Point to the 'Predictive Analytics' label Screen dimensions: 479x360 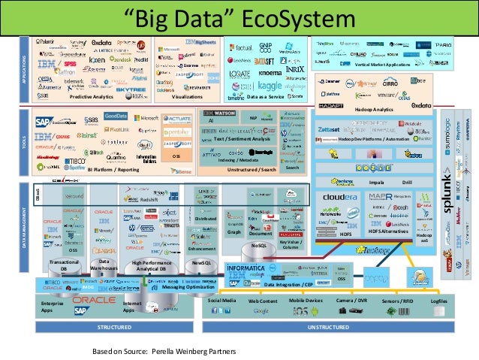click(x=90, y=98)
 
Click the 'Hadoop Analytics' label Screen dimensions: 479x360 click(x=373, y=110)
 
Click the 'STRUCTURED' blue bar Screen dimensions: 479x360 click(x=114, y=328)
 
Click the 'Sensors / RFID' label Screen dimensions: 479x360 click(x=398, y=300)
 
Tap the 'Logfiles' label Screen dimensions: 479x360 click(x=438, y=300)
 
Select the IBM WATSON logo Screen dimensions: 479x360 click(x=220, y=113)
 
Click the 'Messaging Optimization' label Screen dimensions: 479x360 click(x=184, y=286)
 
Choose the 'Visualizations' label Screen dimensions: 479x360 click(x=187, y=98)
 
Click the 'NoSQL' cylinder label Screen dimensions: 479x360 click(x=258, y=245)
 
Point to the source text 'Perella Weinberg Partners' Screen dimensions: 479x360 click(x=194, y=351)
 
